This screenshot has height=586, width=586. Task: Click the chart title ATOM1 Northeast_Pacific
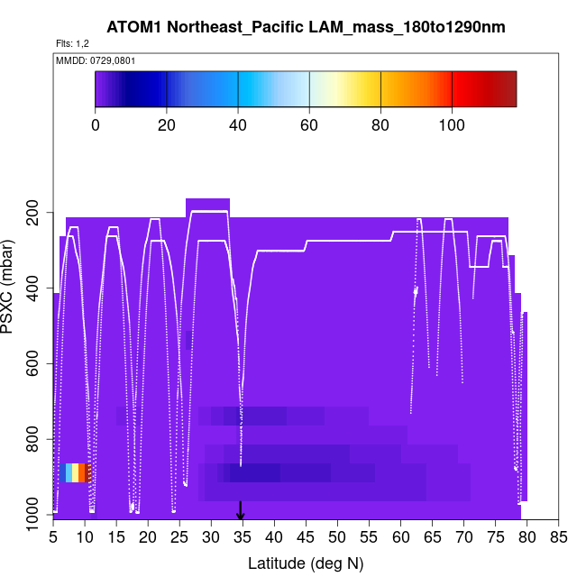click(306, 27)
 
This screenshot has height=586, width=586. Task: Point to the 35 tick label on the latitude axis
click(242, 538)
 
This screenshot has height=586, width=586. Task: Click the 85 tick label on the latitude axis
click(558, 538)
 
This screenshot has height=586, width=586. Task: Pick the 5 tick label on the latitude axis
click(53, 538)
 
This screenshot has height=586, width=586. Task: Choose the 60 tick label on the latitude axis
click(400, 538)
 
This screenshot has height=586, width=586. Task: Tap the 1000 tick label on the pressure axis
click(32, 515)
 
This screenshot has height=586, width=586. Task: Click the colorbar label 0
click(96, 124)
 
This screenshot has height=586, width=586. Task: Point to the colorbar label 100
click(452, 124)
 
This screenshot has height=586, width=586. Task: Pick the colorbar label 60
click(309, 124)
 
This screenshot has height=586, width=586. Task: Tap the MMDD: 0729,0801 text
click(90, 60)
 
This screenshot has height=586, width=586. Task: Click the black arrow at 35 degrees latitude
click(241, 511)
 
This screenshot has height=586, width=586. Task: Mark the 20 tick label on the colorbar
click(167, 124)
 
